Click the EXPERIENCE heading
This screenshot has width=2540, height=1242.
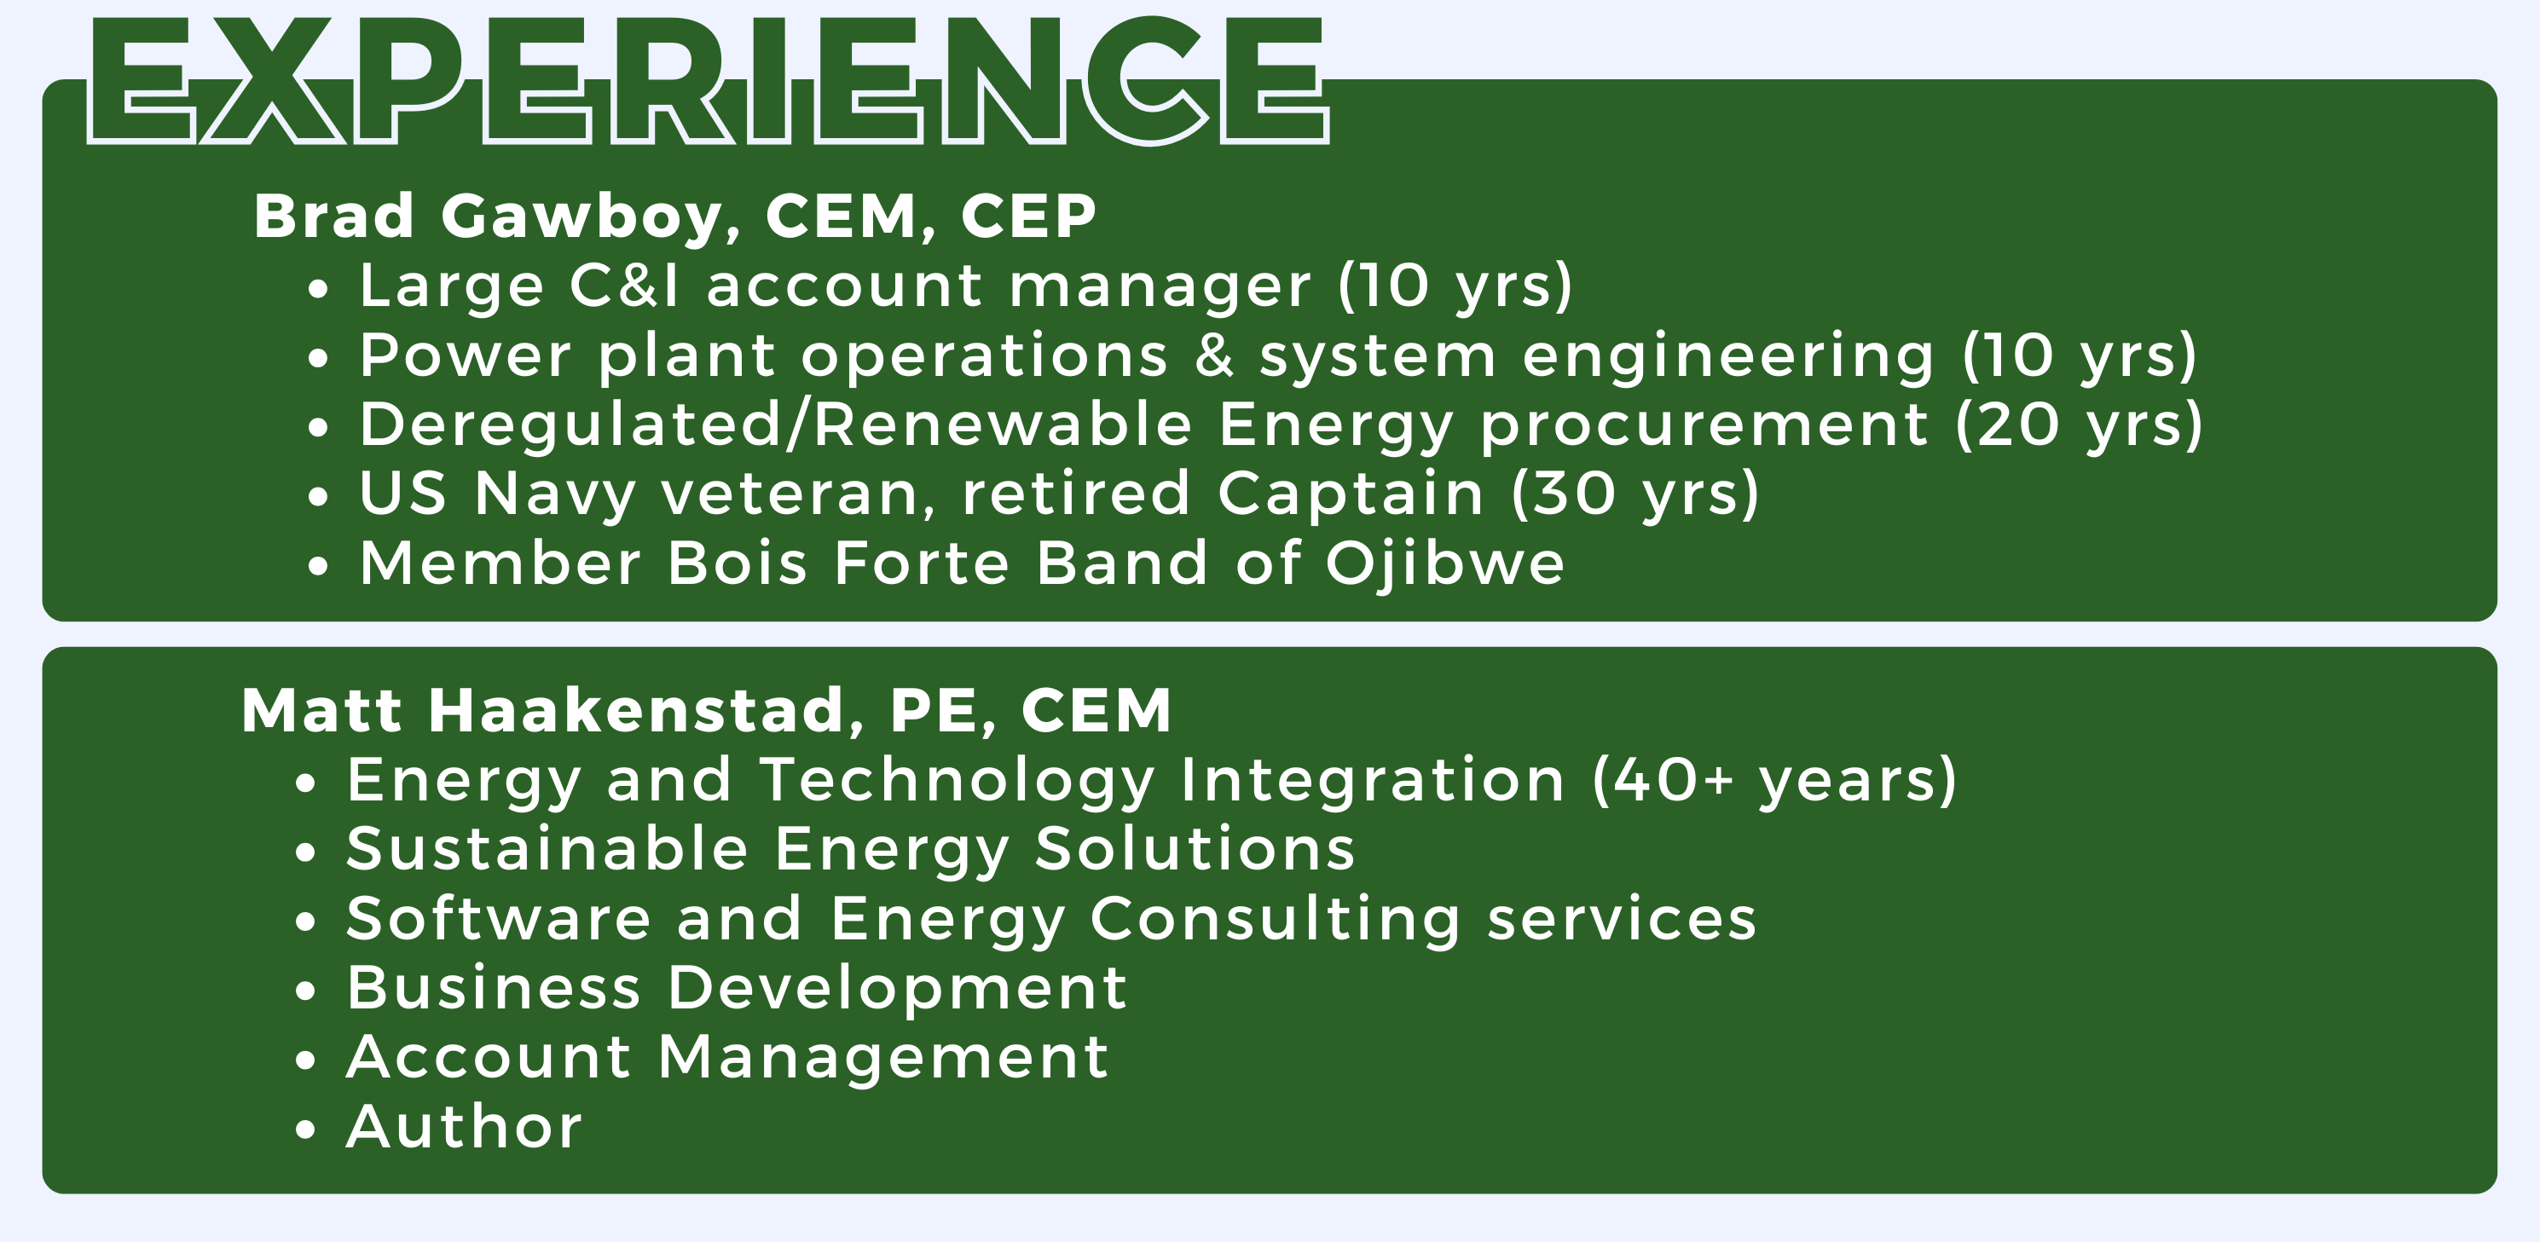[x=708, y=81]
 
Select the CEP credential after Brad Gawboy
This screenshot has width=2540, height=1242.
[x=1027, y=216]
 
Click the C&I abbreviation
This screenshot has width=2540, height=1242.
[x=625, y=285]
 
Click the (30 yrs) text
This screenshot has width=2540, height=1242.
[x=1635, y=494]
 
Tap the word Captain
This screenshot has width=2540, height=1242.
[x=1351, y=494]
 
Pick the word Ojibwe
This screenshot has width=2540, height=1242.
[x=1444, y=563]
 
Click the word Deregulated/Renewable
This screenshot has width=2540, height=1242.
[x=775, y=425]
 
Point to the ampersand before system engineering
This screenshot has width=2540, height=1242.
[x=1214, y=355]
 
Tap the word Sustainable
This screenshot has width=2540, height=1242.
[x=547, y=849]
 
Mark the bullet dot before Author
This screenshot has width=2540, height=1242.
[x=305, y=1129]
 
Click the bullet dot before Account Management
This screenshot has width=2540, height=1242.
[x=305, y=1060]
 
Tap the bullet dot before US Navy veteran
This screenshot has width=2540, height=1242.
[x=317, y=497]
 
